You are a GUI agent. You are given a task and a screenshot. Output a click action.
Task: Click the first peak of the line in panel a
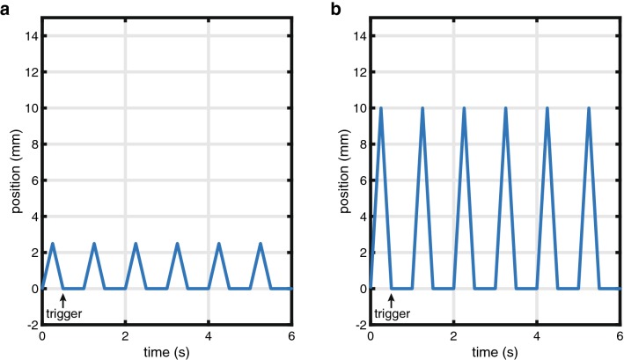[53, 244]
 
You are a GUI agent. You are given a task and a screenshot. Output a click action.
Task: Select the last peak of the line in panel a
[261, 244]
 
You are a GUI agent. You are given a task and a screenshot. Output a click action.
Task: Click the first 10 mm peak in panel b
[381, 108]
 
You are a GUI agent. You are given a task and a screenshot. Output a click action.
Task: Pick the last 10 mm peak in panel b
[589, 108]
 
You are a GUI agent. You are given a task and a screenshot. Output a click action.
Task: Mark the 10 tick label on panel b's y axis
[359, 108]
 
